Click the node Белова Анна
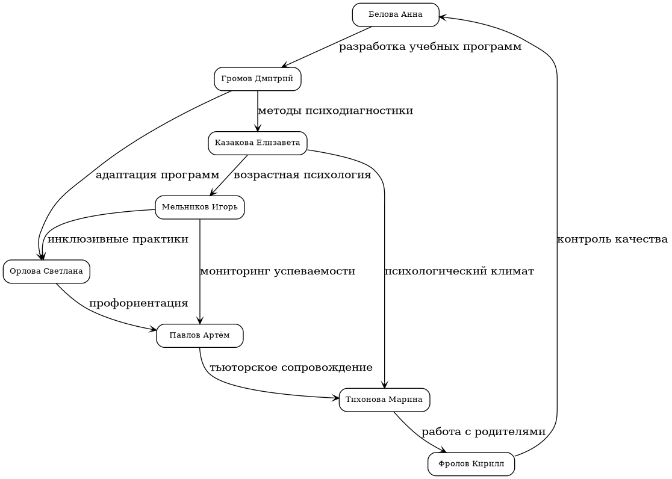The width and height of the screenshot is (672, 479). pos(396,15)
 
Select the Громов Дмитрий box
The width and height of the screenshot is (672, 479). pos(257,79)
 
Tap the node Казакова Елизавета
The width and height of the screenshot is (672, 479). pos(257,143)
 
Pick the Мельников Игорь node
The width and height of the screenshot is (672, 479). pos(199,208)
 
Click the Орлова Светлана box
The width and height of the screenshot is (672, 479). pos(46,271)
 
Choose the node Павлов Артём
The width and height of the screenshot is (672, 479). pos(199,336)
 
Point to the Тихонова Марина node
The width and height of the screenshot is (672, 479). pos(384,400)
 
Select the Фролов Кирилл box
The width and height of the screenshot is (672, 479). pos(471,464)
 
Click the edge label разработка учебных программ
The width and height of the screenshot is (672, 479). pos(430,47)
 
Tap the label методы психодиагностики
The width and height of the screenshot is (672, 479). pos(335,111)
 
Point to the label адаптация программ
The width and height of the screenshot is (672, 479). pos(157,175)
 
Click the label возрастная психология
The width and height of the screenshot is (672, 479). pos(302,175)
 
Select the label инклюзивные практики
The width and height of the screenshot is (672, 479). pos(118,239)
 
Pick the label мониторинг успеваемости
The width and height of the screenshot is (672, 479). pos(278,271)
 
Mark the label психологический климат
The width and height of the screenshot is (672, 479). pos(459,271)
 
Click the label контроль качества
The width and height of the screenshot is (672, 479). pos(612,239)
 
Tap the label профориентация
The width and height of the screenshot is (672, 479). pos(138,303)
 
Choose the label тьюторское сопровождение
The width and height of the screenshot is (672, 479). pos(291,368)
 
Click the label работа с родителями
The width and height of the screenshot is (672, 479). pos(484,432)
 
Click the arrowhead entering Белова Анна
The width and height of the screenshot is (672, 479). pos(443,17)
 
